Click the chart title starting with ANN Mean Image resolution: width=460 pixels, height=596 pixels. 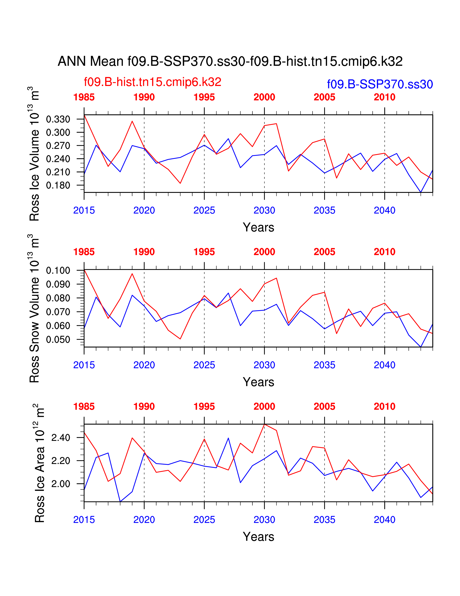230,61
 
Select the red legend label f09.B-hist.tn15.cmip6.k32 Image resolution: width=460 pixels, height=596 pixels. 153,82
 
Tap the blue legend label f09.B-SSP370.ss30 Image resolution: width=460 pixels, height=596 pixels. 380,84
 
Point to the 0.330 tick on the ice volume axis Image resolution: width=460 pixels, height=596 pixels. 58,119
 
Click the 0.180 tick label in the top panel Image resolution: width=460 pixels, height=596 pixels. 58,185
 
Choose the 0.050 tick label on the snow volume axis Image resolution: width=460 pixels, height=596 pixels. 58,340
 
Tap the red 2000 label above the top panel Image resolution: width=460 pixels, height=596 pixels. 264,97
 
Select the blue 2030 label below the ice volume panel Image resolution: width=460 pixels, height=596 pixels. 264,210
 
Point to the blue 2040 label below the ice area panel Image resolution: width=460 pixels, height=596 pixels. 385,520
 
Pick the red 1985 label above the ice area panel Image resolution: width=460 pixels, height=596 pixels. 84,407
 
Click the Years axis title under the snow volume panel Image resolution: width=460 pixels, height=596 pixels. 258,382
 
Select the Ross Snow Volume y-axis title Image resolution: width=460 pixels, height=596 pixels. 34,308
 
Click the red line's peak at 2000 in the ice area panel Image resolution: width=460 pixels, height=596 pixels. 264,424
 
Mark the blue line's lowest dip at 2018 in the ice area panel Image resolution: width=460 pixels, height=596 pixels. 120,502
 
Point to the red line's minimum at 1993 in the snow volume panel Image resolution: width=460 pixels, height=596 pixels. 180,339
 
